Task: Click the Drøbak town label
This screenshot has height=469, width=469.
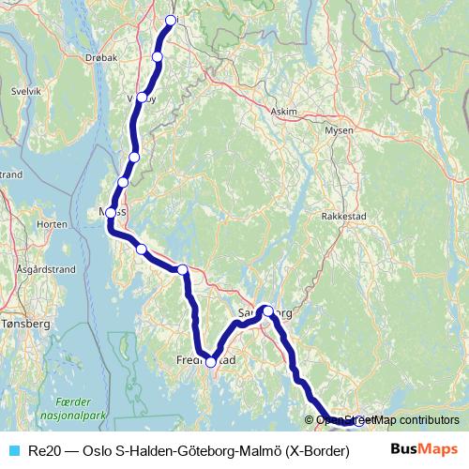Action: pos(101,57)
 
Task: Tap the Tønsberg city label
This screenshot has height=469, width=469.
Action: pos(24,323)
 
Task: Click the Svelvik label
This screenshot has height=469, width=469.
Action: pos(26,92)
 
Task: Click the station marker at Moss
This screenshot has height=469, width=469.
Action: pos(111,213)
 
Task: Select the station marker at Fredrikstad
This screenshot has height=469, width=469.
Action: pos(211,361)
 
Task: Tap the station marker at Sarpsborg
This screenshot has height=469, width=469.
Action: pos(267,310)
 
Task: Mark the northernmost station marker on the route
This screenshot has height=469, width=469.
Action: pos(172,20)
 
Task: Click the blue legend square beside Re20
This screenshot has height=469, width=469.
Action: pos(12,451)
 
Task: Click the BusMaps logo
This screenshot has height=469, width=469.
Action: pos(424,450)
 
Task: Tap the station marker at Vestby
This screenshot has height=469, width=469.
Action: pos(142,98)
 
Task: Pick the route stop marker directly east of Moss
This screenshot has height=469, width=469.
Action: pos(142,249)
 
